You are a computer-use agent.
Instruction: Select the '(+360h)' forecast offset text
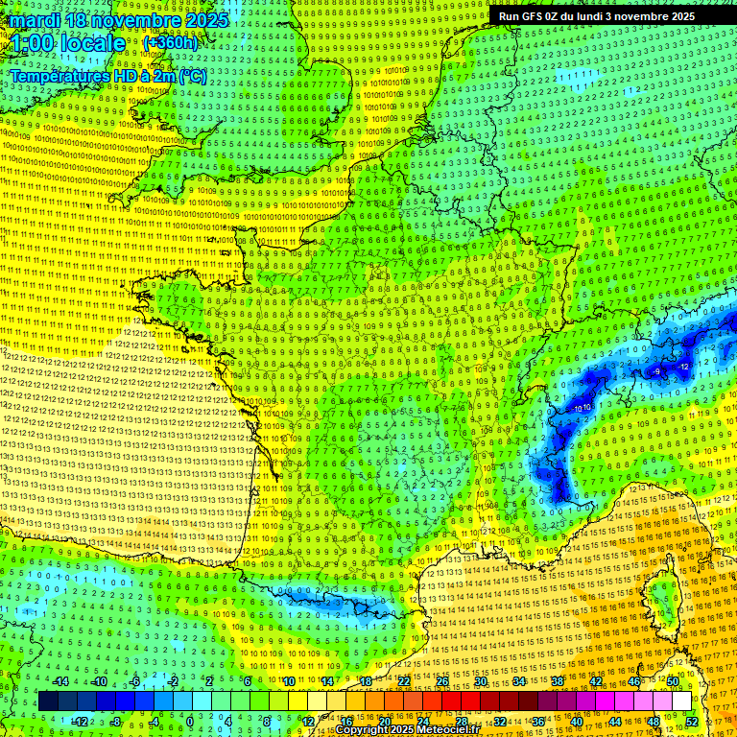[x=170, y=42]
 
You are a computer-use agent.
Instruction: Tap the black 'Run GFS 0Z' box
[x=597, y=16]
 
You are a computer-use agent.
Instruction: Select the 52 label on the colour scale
[x=692, y=722]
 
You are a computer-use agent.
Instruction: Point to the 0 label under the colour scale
[x=189, y=722]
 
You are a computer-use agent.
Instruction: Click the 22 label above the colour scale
[x=403, y=681]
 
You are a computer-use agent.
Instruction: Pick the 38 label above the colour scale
[x=557, y=681]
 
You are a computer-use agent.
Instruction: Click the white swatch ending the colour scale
[x=681, y=701]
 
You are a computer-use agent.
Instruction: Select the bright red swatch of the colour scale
[x=451, y=701]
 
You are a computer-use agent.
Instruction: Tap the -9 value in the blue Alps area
[x=656, y=371]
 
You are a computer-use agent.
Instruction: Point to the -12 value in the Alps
[x=683, y=367]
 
